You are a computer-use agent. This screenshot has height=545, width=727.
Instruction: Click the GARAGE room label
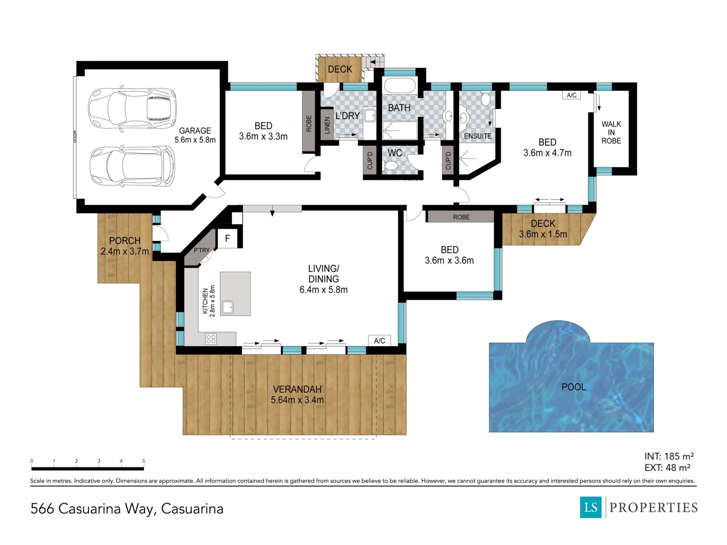[195, 131]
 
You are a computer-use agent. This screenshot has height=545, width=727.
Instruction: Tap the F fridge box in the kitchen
[228, 238]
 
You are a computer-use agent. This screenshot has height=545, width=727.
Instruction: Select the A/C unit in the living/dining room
[379, 341]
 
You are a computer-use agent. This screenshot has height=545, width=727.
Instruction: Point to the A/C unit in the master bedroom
[572, 95]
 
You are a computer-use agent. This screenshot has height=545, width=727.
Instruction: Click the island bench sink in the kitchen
[228, 307]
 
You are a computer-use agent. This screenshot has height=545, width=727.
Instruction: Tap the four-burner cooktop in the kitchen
[211, 339]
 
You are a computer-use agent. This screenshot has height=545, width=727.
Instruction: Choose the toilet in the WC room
[390, 165]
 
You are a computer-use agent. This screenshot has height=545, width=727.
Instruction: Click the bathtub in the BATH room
[399, 86]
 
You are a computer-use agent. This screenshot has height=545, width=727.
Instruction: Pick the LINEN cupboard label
[327, 125]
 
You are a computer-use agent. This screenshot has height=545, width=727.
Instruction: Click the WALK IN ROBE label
[611, 132]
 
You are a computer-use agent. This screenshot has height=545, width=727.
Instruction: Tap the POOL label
[574, 387]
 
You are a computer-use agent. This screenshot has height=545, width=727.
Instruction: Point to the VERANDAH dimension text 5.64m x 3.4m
[297, 400]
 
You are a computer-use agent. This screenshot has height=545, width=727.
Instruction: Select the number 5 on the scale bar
[144, 461]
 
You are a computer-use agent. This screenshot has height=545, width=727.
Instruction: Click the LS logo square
[591, 507]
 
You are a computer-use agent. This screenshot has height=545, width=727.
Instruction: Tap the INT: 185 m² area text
[669, 456]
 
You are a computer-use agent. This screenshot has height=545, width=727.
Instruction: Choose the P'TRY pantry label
[201, 250]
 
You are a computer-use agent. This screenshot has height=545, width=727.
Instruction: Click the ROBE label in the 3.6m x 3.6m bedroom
[461, 217]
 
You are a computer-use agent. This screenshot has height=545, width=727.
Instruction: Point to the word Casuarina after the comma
[192, 509]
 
